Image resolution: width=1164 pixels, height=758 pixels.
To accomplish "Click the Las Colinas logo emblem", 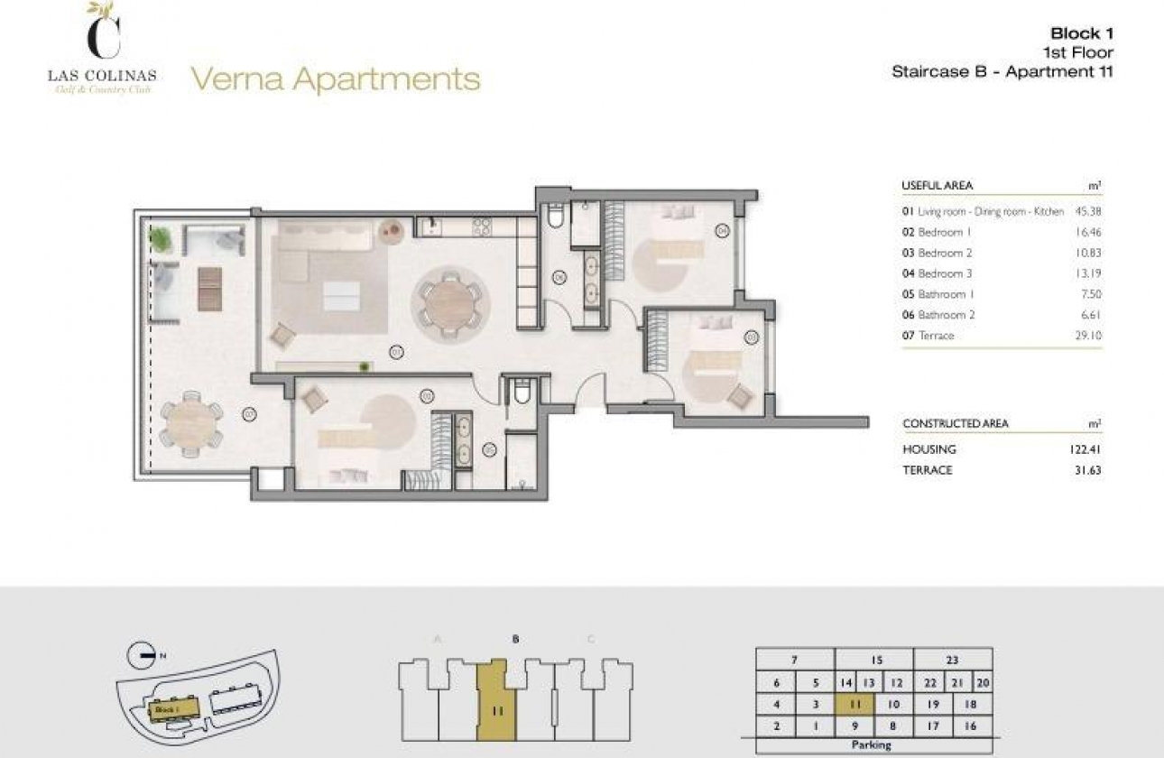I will click(x=101, y=32).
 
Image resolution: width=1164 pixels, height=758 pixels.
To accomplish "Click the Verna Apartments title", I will click(x=335, y=79).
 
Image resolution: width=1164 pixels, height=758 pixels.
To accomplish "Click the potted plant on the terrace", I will click(x=160, y=239).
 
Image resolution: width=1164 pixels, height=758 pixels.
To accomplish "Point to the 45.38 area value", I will click(x=1088, y=211).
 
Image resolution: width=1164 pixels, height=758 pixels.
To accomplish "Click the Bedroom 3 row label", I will click(x=945, y=273).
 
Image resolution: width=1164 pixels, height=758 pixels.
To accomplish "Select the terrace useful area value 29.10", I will click(x=1089, y=336).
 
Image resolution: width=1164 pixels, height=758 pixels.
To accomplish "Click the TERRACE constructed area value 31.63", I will click(x=1087, y=470).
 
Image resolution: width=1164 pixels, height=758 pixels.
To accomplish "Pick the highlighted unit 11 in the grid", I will click(x=855, y=705).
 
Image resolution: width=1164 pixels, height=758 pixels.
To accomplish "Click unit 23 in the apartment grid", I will click(x=953, y=660).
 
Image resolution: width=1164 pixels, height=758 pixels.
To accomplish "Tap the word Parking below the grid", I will click(x=872, y=745).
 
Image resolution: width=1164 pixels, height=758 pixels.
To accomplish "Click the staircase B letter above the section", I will click(x=515, y=639).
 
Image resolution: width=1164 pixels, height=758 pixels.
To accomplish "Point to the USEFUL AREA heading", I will click(x=937, y=185).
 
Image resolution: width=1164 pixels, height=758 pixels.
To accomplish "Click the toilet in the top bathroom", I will click(x=556, y=216).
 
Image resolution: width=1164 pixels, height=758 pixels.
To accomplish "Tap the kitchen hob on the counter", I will click(x=481, y=226).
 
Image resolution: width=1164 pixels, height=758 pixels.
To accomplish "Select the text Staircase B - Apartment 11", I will click(x=1002, y=72).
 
